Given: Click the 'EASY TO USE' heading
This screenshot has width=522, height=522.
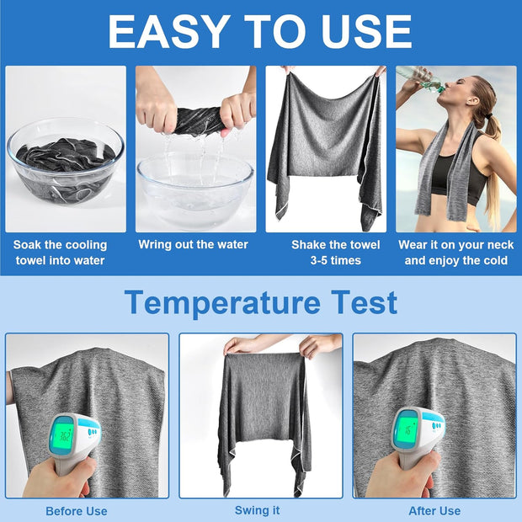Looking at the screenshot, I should (260, 31).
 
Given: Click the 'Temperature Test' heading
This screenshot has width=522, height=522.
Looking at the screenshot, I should (260, 302).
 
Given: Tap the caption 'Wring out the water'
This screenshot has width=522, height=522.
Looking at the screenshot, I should (194, 245).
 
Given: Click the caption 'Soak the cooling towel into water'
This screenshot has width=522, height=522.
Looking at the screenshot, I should (60, 253).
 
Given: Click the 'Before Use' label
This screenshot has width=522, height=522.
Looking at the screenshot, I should (77, 511).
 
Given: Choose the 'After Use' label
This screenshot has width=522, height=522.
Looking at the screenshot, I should (434, 511).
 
